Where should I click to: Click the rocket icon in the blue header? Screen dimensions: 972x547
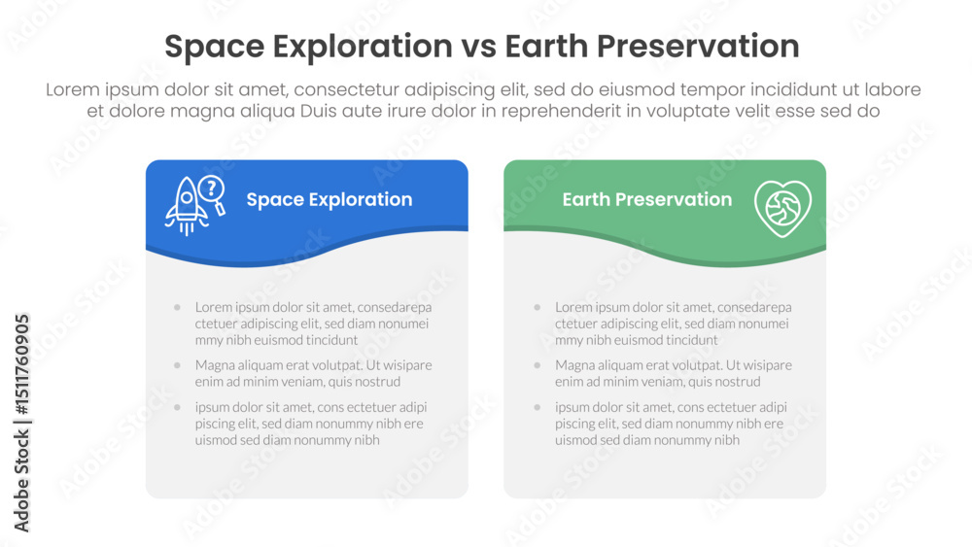point(186,206)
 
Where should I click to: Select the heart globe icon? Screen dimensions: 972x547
point(782,209)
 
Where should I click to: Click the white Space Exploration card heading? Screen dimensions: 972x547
point(330,199)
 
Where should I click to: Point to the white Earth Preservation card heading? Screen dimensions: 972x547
point(647,199)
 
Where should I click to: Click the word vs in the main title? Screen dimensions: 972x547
point(478,47)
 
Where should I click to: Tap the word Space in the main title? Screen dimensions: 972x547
point(215,48)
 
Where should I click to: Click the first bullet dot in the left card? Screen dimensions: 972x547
point(177,307)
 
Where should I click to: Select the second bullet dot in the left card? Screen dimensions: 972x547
point(177,365)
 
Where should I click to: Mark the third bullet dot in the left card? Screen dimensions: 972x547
point(177,408)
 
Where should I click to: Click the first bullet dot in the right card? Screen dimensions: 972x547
point(537,307)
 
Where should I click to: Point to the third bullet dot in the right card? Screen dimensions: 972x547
point(537,408)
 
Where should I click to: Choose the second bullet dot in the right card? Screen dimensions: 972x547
point(537,365)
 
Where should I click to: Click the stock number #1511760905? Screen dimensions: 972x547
point(21,364)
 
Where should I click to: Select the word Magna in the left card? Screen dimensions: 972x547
point(213,365)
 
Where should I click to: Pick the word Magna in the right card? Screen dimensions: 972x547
point(573,365)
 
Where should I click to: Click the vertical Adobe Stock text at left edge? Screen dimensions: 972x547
point(21,480)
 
